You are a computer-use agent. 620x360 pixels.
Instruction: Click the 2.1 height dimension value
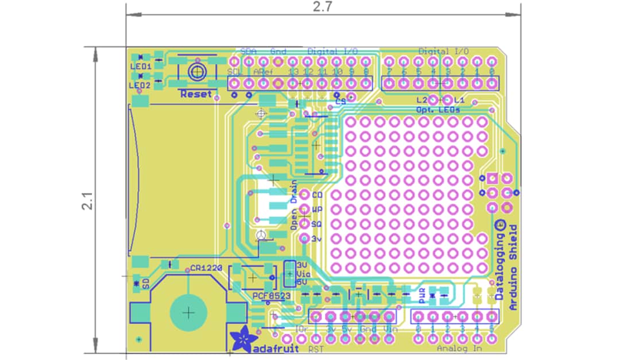pyautogui.click(x=87, y=200)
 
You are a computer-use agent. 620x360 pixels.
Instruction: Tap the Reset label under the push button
pyautogui.click(x=196, y=94)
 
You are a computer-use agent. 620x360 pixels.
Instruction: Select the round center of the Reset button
pyautogui.click(x=197, y=72)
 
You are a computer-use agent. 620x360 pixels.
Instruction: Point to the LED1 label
pyautogui.click(x=140, y=66)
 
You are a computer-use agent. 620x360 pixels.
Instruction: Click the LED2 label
pyautogui.click(x=140, y=85)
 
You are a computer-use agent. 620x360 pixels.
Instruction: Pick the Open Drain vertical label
pyautogui.click(x=294, y=205)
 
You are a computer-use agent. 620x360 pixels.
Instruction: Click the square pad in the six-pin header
pyautogui.click(x=492, y=179)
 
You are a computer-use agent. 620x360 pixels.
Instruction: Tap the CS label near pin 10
pyautogui.click(x=340, y=101)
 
